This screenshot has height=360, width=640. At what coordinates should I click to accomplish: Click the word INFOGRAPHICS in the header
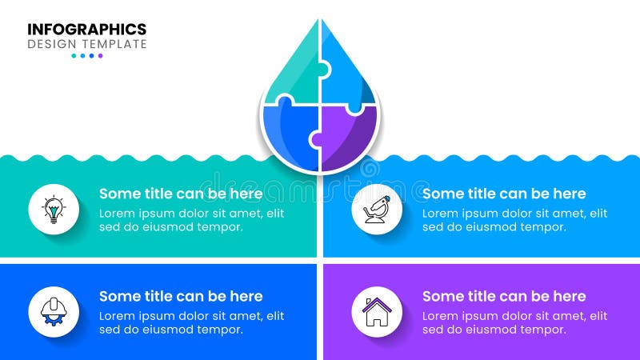click(x=87, y=30)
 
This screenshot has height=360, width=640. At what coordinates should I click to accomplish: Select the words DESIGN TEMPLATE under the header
click(x=87, y=45)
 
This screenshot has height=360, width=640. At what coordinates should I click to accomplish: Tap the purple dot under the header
click(x=100, y=56)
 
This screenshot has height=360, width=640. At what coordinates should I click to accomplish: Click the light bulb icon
click(x=54, y=210)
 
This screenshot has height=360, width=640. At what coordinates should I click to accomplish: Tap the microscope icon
click(x=377, y=210)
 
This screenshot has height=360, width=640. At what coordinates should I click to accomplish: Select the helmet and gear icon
click(x=54, y=311)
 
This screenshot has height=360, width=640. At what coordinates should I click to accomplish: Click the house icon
click(x=377, y=311)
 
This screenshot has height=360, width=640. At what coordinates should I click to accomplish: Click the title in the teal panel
click(x=181, y=194)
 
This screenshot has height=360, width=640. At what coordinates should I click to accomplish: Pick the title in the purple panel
click(x=504, y=296)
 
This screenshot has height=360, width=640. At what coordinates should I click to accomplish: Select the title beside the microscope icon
click(x=504, y=194)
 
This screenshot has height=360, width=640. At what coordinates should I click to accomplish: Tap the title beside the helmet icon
click(x=181, y=296)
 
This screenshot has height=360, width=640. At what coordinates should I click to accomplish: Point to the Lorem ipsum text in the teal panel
click(x=191, y=220)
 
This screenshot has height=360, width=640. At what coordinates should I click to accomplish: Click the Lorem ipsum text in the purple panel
click(x=514, y=322)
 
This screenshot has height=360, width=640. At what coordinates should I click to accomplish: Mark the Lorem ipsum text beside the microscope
click(x=514, y=220)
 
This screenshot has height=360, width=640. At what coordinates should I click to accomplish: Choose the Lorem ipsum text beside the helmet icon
click(x=191, y=322)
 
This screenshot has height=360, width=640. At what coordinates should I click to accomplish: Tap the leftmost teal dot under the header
click(x=74, y=56)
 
